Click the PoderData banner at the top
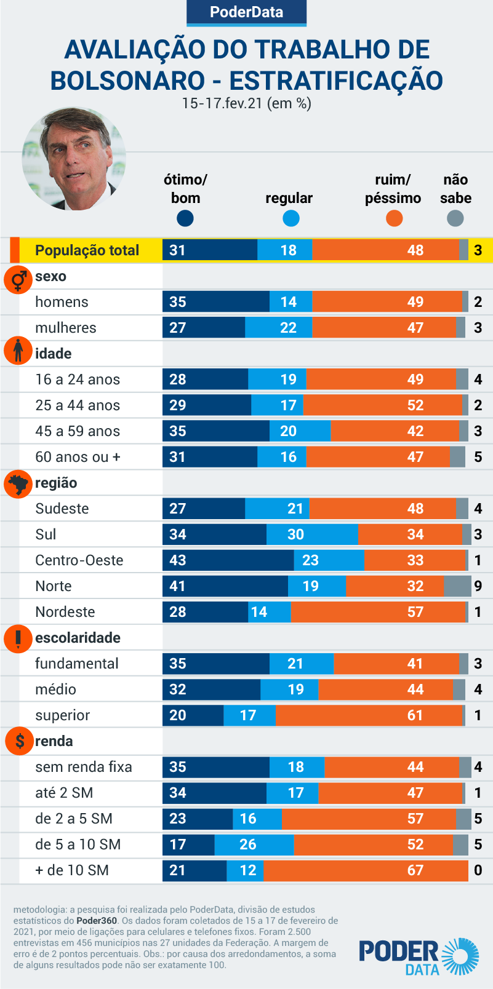[x=246, y=12]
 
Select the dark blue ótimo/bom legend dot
[x=185, y=218]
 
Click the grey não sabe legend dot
[x=455, y=218]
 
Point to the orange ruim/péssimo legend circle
[x=394, y=218]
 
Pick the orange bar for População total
[x=385, y=250]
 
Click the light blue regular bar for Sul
[x=312, y=534]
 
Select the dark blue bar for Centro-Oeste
[x=228, y=560]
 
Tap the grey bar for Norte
[x=457, y=586]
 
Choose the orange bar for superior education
[x=369, y=715]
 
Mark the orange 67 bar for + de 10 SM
[x=366, y=870]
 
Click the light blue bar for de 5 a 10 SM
[x=254, y=844]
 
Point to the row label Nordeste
[x=65, y=612]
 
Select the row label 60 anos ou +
[x=78, y=457]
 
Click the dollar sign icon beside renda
[x=19, y=741]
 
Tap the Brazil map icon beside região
[x=18, y=483]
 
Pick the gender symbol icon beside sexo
[x=18, y=280]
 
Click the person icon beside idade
[x=18, y=351]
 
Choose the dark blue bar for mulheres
[x=204, y=328]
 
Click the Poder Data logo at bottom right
[x=419, y=956]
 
